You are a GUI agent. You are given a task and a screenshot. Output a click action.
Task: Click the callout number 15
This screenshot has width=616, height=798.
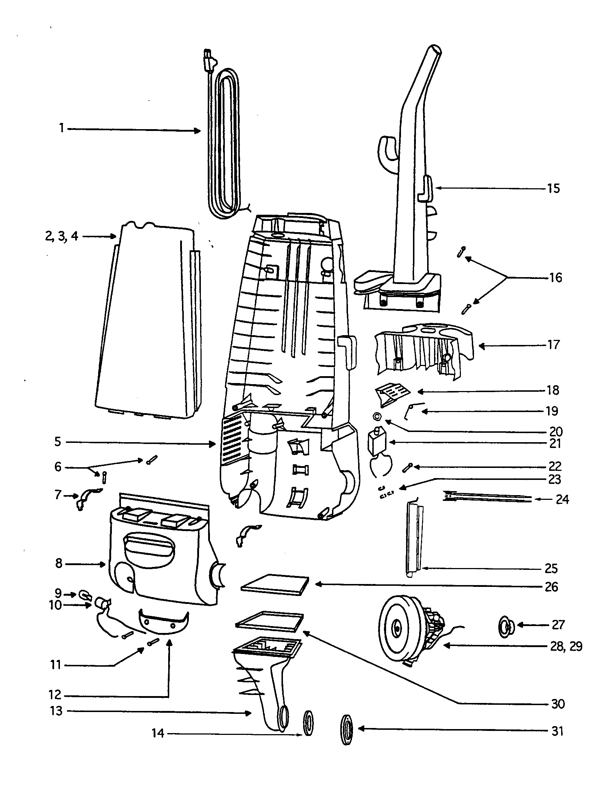(x=554, y=189)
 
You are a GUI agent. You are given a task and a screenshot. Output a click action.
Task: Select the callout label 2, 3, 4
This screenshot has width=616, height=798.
(x=61, y=236)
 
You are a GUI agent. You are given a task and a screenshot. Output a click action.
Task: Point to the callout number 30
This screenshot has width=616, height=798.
(x=558, y=704)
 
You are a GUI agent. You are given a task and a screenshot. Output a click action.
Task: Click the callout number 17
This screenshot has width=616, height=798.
(x=554, y=345)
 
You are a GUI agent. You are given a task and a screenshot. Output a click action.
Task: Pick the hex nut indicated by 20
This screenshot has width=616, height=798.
(x=377, y=416)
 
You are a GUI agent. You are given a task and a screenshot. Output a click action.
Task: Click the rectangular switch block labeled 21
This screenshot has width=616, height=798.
(x=377, y=441)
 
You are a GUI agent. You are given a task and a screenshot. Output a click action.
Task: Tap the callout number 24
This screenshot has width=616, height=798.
(x=562, y=499)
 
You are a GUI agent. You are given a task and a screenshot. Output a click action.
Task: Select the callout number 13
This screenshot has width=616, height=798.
(x=56, y=711)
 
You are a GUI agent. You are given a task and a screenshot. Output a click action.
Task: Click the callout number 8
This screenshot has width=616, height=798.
(x=58, y=563)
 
